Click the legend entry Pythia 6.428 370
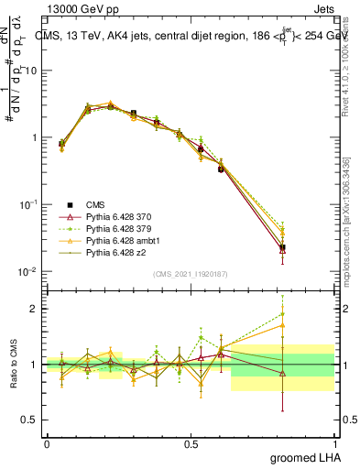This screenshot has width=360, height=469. click(x=104, y=215)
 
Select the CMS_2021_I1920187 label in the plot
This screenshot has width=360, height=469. click(x=191, y=273)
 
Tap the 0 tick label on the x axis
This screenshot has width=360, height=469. click(x=47, y=443)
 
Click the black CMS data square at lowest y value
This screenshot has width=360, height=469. click(x=282, y=247)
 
